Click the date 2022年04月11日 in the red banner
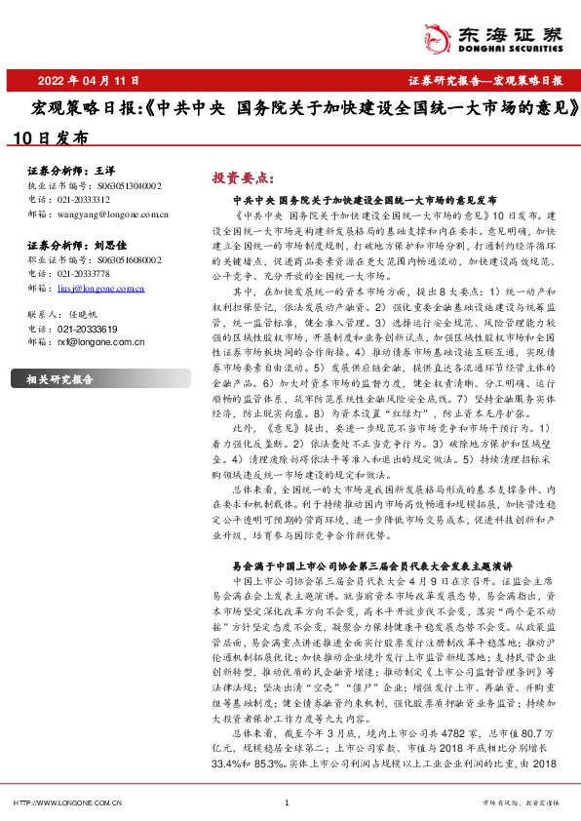pos(89,80)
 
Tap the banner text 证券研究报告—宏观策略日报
pos(484,80)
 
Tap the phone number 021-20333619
pos(81,329)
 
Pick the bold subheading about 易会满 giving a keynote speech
pos(370,565)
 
